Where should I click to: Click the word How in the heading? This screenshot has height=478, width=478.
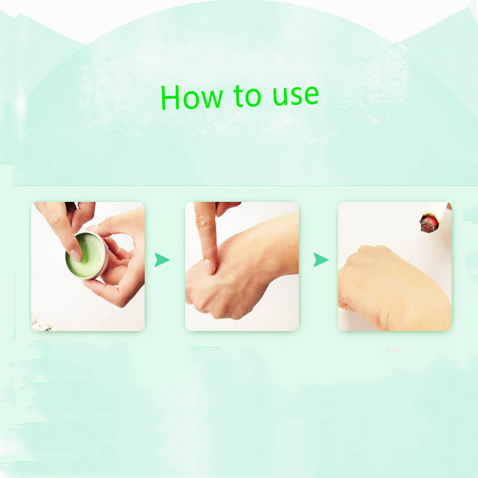192,97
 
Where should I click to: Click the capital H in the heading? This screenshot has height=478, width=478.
170,97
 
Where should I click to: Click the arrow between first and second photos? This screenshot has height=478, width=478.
161,260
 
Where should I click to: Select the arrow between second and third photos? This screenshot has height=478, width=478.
320,260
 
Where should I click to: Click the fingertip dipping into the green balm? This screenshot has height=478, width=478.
75,255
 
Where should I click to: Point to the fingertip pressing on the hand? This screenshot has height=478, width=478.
209,266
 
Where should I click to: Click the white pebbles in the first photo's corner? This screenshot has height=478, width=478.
41,324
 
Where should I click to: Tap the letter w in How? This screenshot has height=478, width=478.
212,99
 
